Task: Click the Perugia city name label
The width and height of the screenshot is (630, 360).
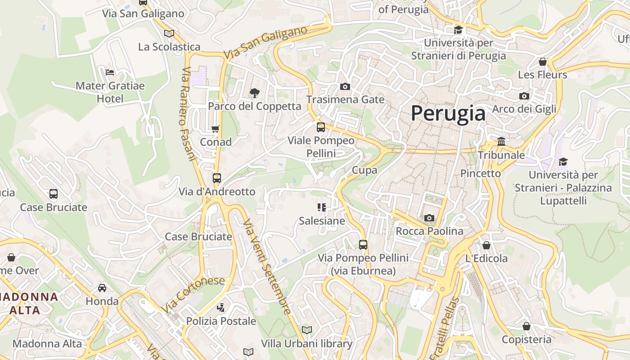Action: (x=448, y=113)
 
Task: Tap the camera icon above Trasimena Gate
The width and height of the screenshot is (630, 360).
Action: (x=345, y=86)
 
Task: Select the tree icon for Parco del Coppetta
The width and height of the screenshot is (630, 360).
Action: (x=254, y=93)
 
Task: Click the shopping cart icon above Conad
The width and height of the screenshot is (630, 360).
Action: (x=216, y=129)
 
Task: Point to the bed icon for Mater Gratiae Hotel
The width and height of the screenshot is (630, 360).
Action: (x=110, y=72)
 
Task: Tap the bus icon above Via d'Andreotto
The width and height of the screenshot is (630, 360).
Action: (x=216, y=178)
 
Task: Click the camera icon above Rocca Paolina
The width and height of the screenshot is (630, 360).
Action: (x=429, y=218)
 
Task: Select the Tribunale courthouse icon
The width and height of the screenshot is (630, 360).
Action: (x=501, y=142)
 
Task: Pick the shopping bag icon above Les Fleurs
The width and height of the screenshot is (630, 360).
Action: (x=543, y=62)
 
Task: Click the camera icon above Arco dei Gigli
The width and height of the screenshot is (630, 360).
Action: (x=524, y=96)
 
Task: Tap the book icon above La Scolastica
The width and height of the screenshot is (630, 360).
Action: (x=169, y=33)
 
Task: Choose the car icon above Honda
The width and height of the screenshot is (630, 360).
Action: (x=102, y=288)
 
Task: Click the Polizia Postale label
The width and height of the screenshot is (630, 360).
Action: (x=221, y=321)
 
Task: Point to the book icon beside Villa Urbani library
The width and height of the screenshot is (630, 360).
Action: (x=307, y=330)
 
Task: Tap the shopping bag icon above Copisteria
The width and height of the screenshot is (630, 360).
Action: (x=526, y=326)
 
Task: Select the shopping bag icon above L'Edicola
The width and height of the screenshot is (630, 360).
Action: (x=486, y=245)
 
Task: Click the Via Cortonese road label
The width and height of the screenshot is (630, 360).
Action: (x=193, y=294)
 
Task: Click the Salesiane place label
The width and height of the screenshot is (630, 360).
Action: (x=322, y=221)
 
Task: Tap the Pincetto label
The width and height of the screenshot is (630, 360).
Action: (x=480, y=173)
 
